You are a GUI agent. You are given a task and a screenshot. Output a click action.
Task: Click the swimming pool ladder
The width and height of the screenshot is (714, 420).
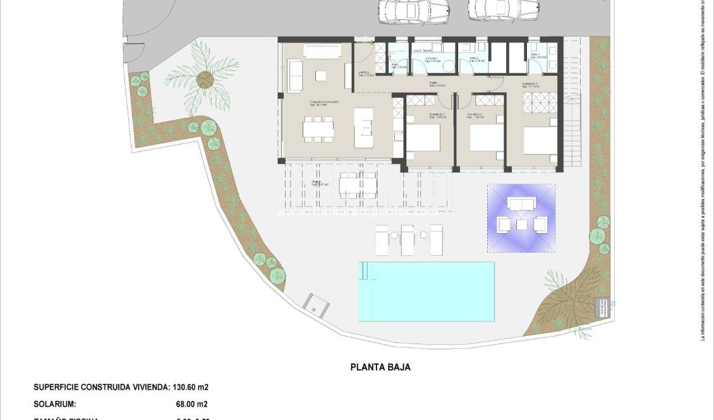(364, 271)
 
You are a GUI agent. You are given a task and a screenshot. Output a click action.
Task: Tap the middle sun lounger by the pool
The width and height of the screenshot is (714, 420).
(407, 239)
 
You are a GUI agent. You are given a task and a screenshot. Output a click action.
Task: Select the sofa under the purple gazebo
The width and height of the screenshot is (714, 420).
(521, 204)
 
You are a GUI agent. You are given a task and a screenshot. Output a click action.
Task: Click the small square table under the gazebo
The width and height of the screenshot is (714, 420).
(521, 224)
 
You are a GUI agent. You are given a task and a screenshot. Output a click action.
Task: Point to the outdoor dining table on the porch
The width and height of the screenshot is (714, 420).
(358, 185)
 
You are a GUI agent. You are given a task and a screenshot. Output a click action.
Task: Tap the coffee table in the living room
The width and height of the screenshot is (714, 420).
(320, 76)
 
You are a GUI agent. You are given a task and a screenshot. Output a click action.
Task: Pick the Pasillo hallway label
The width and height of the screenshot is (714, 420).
(434, 84)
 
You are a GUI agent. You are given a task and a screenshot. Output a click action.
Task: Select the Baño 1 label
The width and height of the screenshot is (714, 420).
(534, 56)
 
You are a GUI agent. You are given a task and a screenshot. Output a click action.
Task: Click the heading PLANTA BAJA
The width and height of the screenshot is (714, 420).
(380, 367)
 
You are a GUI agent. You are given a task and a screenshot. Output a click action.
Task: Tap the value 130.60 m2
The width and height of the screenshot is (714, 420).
(191, 387)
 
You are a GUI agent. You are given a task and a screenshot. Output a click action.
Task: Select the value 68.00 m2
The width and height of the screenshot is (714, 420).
(190, 404)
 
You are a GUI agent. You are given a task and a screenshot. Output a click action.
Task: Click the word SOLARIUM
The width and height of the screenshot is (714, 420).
(55, 404)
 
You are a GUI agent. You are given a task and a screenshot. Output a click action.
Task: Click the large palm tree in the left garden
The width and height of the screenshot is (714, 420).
(203, 80)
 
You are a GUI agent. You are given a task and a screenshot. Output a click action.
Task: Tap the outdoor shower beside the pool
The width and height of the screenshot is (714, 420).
(317, 306)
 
